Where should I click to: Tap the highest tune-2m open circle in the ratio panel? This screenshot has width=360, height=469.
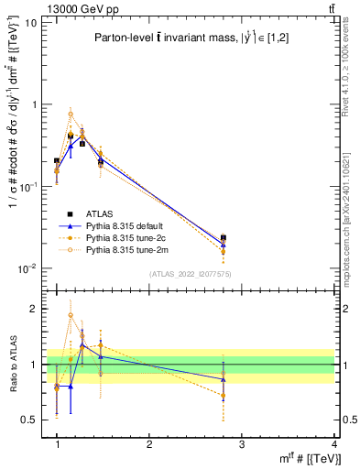tap(71, 315)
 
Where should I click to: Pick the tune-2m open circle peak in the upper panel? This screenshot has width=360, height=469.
tap(71, 115)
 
